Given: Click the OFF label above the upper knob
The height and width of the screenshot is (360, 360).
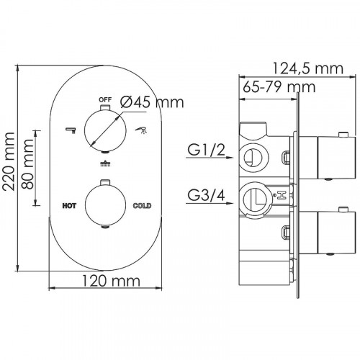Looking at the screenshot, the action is pyautogui.click(x=105, y=99).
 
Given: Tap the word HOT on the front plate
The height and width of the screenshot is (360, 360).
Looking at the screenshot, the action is pyautogui.click(x=69, y=206).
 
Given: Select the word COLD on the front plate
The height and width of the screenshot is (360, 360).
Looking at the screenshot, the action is pyautogui.click(x=143, y=206).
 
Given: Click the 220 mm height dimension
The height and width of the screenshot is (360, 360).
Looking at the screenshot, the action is pyautogui.click(x=9, y=161).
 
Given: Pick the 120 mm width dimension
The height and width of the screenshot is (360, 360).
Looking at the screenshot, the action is pyautogui.click(x=111, y=281).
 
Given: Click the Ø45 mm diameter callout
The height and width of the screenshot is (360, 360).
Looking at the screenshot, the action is pyautogui.click(x=152, y=102).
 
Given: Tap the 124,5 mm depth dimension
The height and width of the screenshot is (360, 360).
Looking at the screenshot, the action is pyautogui.click(x=308, y=68).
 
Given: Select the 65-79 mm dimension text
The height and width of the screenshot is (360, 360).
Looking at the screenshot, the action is pyautogui.click(x=279, y=87).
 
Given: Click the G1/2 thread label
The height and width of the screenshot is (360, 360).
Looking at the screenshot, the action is pyautogui.click(x=206, y=150).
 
